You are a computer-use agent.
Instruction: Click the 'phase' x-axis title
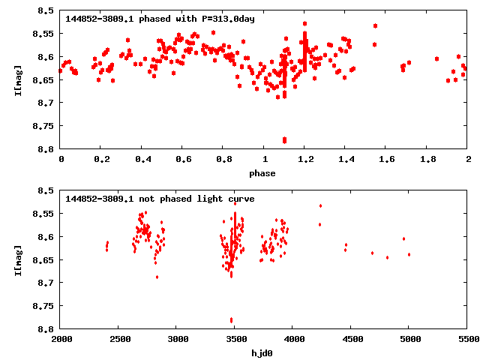click(264, 173)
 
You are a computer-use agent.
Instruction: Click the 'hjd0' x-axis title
click(264, 353)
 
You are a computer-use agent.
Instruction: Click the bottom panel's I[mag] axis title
click(19, 259)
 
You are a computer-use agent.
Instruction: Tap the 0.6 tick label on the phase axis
click(183, 160)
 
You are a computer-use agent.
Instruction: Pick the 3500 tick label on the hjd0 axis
click(235, 340)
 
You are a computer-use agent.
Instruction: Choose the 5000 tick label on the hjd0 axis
click(409, 340)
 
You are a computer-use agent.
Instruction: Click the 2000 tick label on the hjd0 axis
click(61, 340)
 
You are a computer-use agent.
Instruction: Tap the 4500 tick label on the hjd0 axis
click(352, 340)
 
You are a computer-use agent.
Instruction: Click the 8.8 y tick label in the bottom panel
click(46, 329)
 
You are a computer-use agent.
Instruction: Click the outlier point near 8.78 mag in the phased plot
click(284, 140)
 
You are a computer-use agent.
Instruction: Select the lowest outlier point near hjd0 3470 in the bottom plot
click(231, 320)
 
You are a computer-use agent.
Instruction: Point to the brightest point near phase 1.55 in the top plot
click(375, 25)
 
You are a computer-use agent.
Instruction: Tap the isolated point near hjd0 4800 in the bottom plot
click(387, 257)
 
